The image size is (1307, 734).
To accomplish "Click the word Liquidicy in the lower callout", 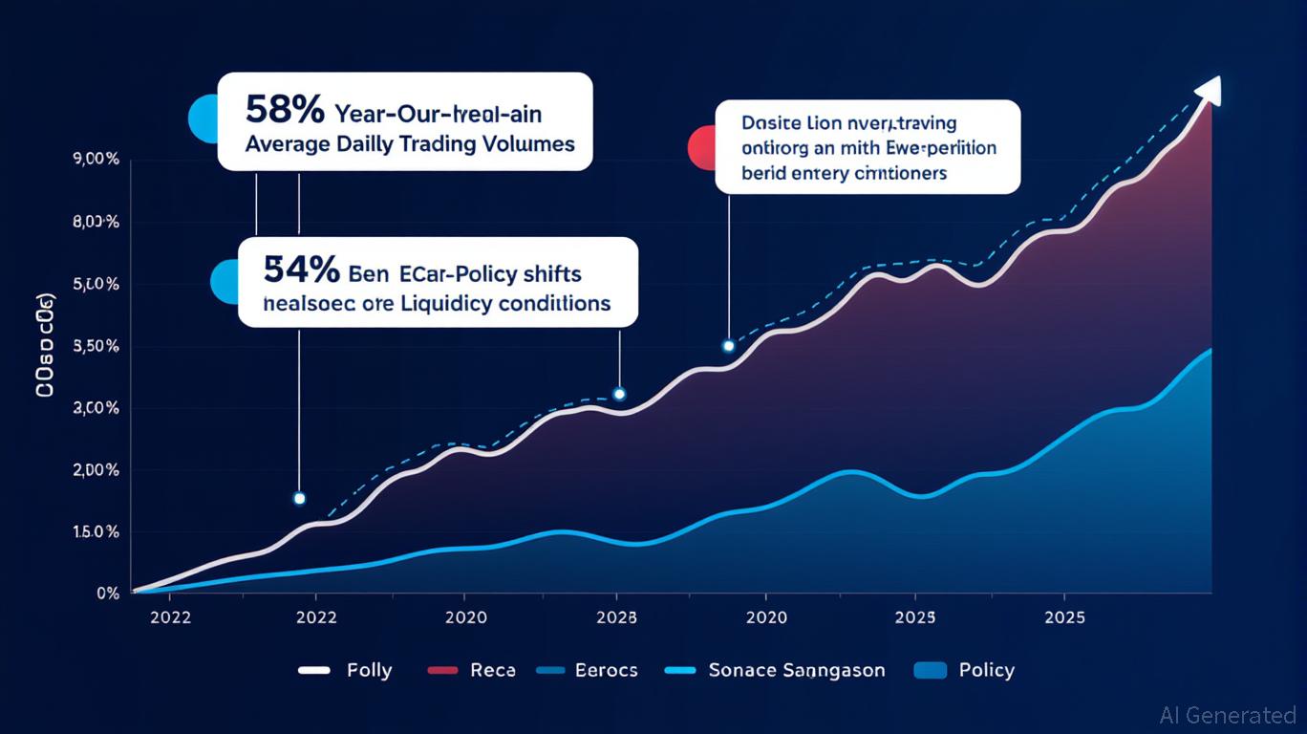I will pyautogui.click(x=461, y=304).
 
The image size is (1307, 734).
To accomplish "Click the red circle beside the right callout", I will pyautogui.click(x=702, y=147).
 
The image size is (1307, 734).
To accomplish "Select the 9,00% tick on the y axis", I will pyautogui.click(x=96, y=161).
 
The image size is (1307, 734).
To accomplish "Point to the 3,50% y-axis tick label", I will pyautogui.click(x=96, y=346).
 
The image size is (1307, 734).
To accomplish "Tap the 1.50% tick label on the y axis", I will pyautogui.click(x=96, y=531).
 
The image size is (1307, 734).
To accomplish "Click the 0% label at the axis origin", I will pyautogui.click(x=108, y=594).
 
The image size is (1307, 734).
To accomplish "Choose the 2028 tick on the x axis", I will pyautogui.click(x=616, y=617).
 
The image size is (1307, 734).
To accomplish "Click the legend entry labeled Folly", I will pyautogui.click(x=368, y=670).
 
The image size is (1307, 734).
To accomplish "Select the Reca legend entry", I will pyautogui.click(x=492, y=670).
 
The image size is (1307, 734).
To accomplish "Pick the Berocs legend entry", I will pyautogui.click(x=606, y=670).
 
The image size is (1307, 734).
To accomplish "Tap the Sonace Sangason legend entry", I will pyautogui.click(x=796, y=670).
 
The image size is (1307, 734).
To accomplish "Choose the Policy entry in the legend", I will pyautogui.click(x=986, y=670).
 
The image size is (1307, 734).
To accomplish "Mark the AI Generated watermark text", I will pyautogui.click(x=1228, y=715).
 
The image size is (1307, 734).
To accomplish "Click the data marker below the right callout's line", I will pyautogui.click(x=729, y=346).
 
